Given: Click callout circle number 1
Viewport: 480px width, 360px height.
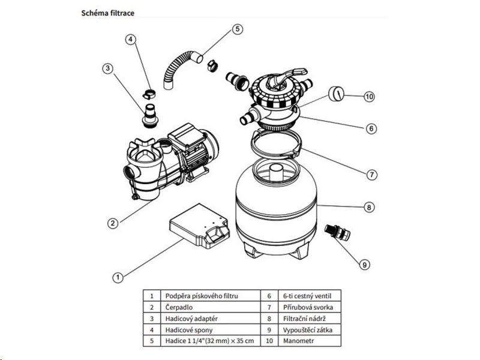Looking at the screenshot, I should pos(118,277).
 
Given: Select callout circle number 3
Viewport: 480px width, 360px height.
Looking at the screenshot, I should pos(108,68).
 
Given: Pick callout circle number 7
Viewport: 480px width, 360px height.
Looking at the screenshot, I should pos(372,175).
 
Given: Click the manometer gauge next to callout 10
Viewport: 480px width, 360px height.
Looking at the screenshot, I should pos(337,94).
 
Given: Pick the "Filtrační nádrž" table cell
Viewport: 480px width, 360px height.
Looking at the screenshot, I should pos(304,318).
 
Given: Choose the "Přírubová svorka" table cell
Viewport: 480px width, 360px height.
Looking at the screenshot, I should pos(306,307).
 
